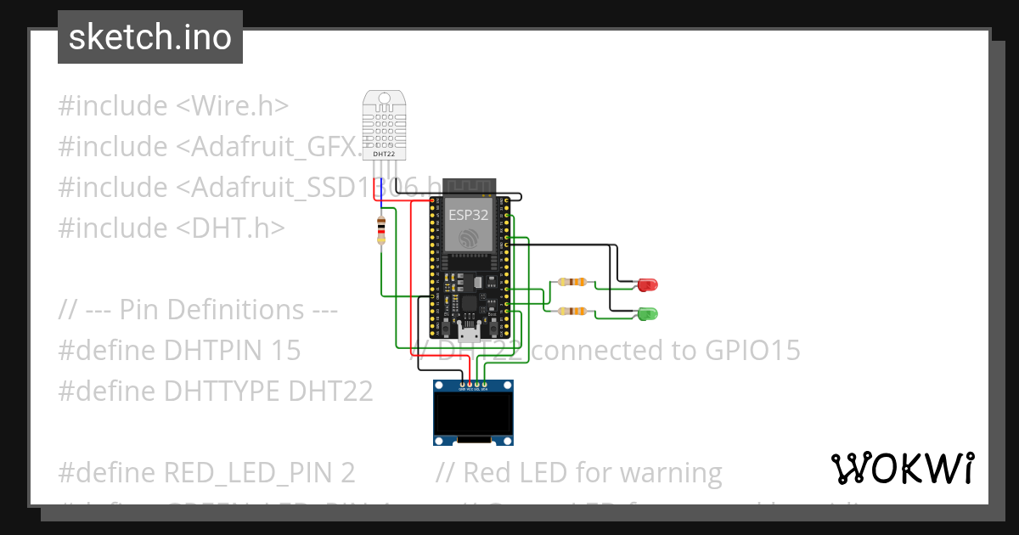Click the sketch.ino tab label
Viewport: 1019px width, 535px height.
[149, 37]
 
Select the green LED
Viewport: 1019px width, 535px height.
[647, 313]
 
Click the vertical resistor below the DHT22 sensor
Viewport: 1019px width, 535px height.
[380, 229]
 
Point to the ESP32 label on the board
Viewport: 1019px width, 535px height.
[469, 215]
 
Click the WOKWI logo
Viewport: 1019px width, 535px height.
[902, 468]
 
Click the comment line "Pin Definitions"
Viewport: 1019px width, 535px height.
[199, 309]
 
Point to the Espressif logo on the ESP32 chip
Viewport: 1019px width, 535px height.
[469, 239]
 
